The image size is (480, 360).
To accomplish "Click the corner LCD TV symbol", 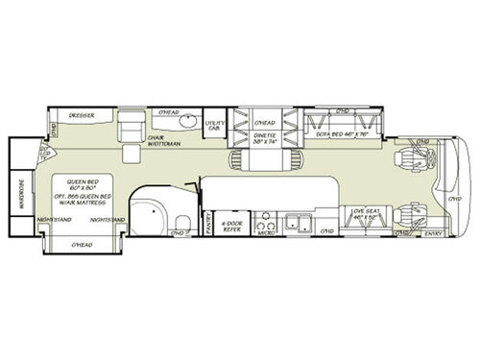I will tap(45, 154).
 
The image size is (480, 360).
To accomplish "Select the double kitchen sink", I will tap(302, 227).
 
